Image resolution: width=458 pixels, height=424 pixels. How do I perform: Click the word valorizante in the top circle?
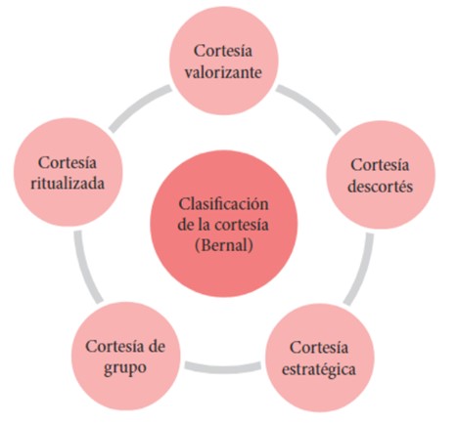point(223,72)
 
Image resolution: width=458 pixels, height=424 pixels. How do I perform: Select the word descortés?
point(380,187)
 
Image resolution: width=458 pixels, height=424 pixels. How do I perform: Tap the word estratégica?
point(319,370)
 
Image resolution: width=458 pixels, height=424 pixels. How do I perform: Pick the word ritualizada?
point(68,184)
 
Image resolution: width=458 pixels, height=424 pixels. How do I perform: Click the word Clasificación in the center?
point(223,204)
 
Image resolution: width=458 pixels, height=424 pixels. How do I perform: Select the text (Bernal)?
point(223,245)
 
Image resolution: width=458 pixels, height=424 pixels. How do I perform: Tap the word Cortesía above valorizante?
point(223,51)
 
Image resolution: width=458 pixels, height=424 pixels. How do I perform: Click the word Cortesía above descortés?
point(380,165)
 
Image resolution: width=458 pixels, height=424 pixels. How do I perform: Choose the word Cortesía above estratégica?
point(319,348)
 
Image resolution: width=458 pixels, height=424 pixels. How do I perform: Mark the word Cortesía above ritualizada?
point(68,162)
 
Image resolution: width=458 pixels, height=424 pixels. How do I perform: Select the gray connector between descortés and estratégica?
point(359,269)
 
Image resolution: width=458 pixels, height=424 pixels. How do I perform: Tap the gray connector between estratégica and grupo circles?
point(223,367)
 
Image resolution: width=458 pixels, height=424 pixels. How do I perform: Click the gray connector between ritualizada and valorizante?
point(140,108)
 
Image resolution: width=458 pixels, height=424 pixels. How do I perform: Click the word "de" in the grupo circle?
point(157,346)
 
